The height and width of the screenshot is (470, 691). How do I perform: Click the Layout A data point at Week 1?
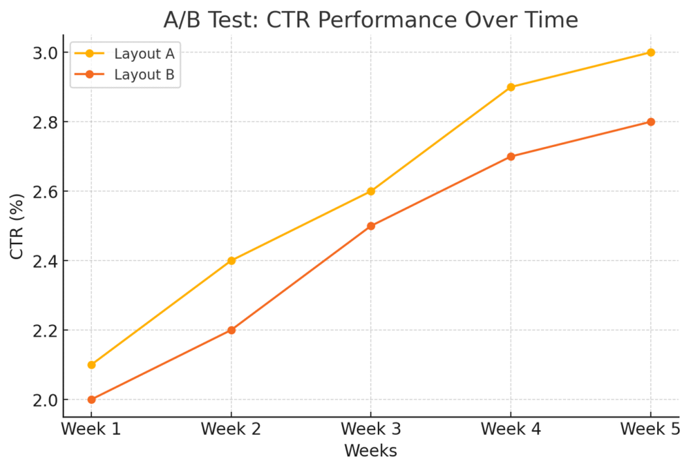91,364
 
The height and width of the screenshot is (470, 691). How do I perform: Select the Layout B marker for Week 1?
91,400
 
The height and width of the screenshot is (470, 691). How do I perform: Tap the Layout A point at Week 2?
231,261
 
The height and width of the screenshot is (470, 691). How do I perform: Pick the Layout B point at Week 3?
371,226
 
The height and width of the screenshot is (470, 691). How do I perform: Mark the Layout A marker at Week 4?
511,87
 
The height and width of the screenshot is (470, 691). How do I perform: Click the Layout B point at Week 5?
650,122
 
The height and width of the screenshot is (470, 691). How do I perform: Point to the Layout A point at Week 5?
650,52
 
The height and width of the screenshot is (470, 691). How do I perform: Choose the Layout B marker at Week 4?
511,157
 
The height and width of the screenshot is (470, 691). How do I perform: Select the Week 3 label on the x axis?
371,429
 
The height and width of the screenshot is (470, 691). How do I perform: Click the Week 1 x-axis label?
91,429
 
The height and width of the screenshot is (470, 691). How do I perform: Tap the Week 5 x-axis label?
650,429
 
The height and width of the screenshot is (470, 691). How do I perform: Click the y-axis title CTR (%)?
17,226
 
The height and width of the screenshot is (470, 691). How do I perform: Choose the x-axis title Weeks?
370,451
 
